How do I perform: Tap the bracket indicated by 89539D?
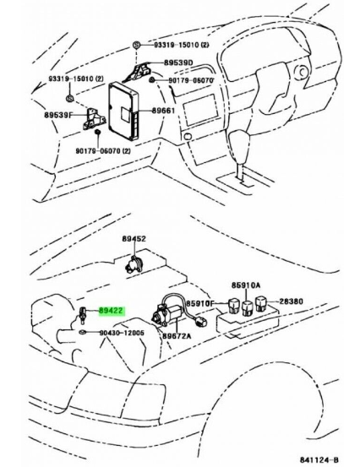(143, 67)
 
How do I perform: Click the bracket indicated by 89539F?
(92, 117)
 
